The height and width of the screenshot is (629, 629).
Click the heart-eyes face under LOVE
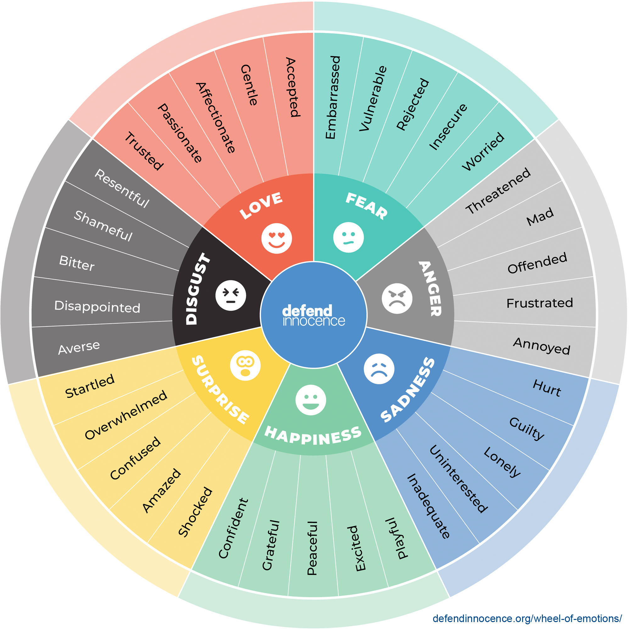click(276, 238)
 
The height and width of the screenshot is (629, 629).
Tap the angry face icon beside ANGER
click(397, 298)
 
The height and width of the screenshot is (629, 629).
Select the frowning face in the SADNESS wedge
click(379, 369)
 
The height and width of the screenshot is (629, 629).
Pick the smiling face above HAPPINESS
click(311, 400)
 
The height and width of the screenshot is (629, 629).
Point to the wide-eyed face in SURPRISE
click(245, 365)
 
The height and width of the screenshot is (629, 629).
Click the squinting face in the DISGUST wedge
click(231, 295)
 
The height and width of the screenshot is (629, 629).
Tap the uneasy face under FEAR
click(348, 237)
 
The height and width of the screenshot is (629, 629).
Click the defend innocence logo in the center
click(314, 315)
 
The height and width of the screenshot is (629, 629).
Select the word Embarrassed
click(333, 97)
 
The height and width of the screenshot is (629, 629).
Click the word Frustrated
click(539, 303)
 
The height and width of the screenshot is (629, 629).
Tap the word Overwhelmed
click(126, 415)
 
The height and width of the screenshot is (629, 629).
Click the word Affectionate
click(215, 118)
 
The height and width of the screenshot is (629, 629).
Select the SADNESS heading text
click(408, 390)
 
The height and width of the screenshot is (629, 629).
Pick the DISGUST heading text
click(198, 288)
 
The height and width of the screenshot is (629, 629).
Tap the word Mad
click(540, 216)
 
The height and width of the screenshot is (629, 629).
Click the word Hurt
click(547, 388)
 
